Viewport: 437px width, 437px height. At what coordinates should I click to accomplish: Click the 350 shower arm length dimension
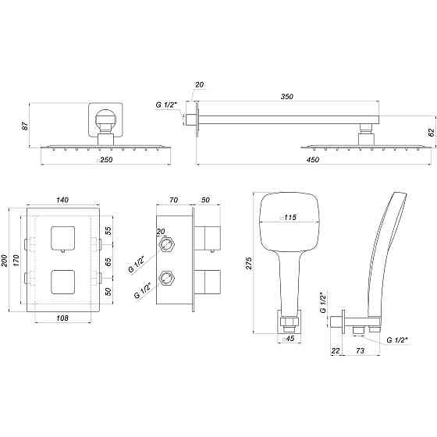(x=287, y=97)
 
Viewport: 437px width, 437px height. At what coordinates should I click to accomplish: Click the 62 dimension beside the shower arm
(x=430, y=132)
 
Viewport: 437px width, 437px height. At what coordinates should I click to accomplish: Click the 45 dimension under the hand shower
(x=290, y=339)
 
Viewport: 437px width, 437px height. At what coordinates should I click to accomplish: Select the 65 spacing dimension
(x=108, y=261)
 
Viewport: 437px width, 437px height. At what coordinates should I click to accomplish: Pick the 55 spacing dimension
(x=108, y=232)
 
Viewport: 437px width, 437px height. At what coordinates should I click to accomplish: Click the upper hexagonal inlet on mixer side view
(x=165, y=243)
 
